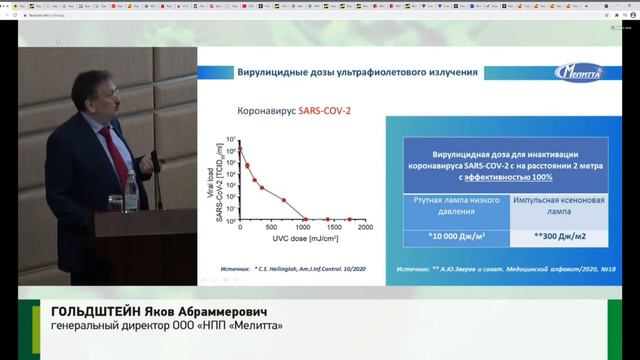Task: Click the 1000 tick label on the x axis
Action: pos(303,229)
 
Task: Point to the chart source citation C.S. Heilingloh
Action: pos(310,268)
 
